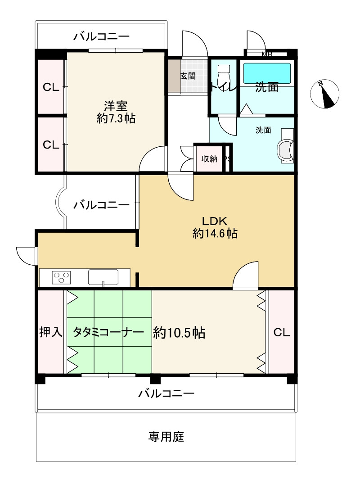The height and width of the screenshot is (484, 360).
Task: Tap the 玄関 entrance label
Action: point(188,76)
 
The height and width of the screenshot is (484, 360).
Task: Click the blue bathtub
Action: point(267,73)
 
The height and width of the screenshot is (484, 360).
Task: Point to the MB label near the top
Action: point(267,55)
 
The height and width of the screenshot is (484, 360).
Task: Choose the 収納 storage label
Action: point(209,158)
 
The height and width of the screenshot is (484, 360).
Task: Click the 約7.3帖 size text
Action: point(116,119)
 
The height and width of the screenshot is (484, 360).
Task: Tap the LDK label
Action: point(215,221)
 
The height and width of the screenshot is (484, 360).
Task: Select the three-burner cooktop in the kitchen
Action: point(62,276)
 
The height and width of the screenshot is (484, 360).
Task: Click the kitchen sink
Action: point(103,276)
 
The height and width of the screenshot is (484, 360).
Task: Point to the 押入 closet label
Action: point(51,333)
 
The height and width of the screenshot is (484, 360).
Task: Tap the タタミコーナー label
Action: point(108,333)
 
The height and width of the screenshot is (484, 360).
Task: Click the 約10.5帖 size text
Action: point(179,333)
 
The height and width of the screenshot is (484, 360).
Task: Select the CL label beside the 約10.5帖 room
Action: point(282,333)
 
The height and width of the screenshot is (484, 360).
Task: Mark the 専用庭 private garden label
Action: point(166,436)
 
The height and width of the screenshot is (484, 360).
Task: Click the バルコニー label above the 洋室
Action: point(101,36)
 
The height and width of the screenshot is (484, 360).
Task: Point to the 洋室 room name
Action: point(116,106)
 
